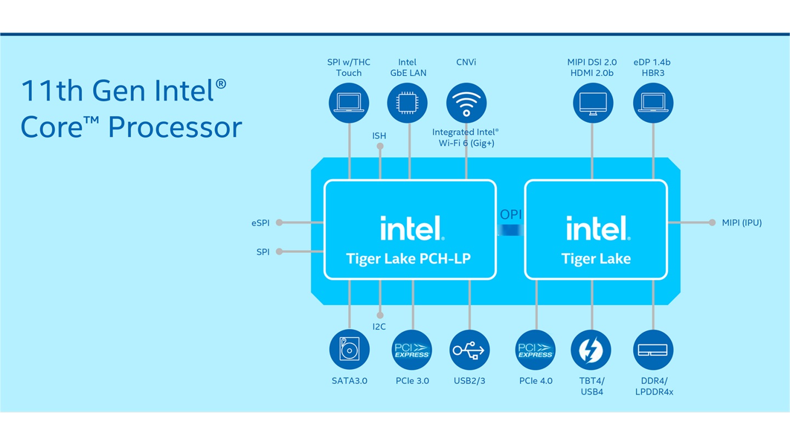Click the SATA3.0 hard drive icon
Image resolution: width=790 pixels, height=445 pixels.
349,350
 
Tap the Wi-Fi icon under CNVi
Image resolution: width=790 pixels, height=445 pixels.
466,103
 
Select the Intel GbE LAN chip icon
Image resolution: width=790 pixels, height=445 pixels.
407,103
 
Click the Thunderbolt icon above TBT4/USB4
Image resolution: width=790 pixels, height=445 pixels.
591,350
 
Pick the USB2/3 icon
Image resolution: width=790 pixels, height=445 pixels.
469,350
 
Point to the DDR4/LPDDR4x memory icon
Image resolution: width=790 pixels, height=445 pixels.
653,350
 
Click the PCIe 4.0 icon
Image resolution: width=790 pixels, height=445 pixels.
535,350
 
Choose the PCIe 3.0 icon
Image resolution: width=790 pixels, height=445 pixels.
412,350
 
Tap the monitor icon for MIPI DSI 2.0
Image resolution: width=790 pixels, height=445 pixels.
593,103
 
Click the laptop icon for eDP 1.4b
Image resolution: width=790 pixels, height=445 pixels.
653,103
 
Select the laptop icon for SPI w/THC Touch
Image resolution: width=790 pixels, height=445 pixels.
349,103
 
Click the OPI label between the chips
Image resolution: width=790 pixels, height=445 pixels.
511,215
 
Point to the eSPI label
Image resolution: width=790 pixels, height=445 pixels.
261,223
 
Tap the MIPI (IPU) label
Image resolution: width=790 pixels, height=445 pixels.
742,223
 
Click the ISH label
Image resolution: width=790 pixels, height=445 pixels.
379,136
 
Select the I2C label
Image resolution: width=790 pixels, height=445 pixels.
379,327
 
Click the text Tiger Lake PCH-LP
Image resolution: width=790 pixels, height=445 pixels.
408,258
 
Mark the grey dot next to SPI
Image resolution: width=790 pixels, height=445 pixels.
279,252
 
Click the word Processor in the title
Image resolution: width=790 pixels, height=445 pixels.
175,127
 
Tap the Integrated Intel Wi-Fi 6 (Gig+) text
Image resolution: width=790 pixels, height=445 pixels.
466,137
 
